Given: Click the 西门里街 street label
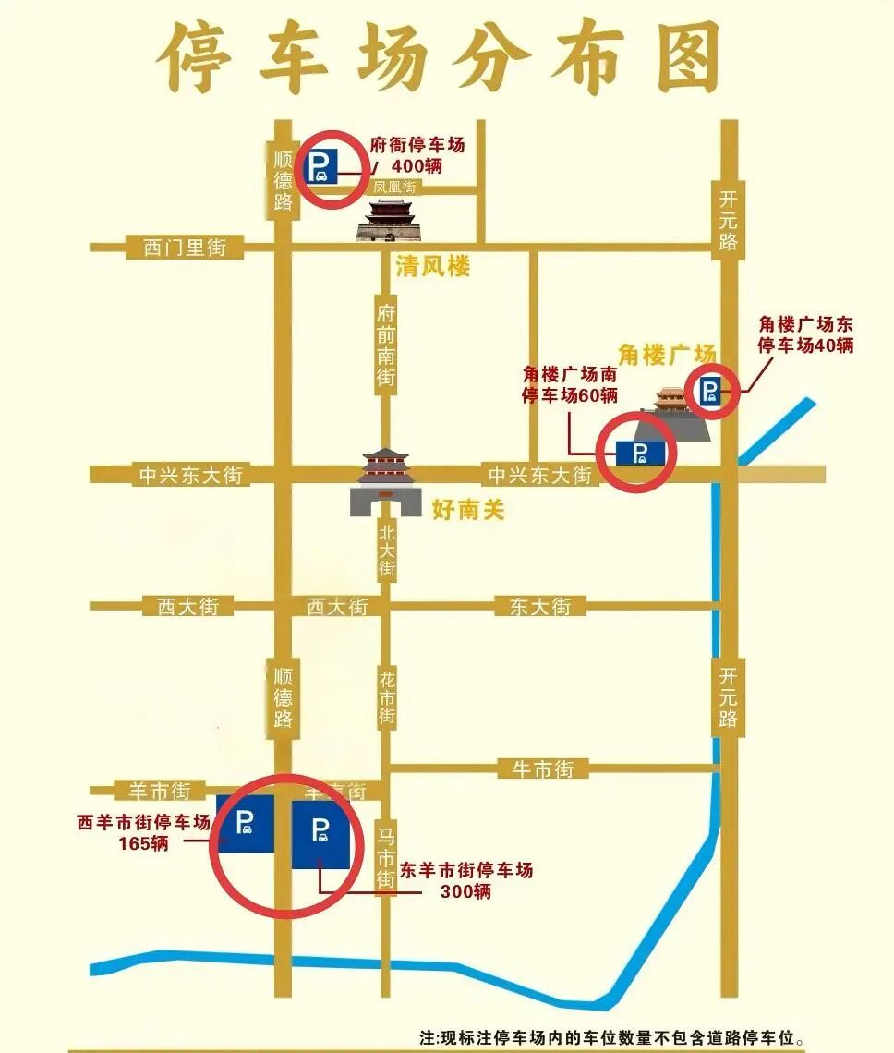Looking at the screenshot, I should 185,248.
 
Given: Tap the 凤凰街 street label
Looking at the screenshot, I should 395,188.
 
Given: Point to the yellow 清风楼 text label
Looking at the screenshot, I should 433,268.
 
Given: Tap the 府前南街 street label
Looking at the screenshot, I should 386,342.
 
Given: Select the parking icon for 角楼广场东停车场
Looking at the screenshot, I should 710,392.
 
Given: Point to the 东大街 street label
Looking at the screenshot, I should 540,607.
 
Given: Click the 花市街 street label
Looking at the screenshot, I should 387,697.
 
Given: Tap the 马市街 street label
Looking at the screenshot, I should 386,858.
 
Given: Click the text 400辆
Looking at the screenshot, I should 417,166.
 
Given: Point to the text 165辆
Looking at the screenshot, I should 143,843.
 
